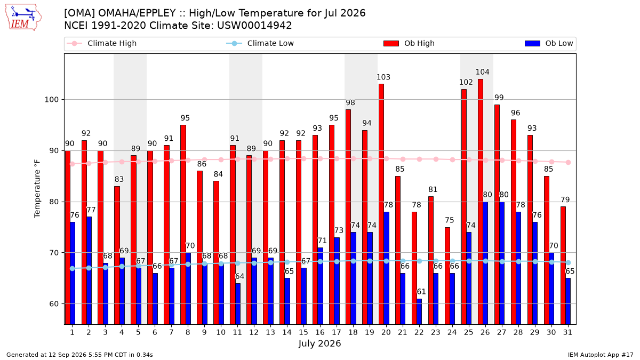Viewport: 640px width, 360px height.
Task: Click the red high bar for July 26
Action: coord(481,202)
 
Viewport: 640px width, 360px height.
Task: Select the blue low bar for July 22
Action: coord(419,311)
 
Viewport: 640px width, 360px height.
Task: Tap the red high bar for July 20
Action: coord(381,204)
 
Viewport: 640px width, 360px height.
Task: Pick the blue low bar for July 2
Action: coord(89,270)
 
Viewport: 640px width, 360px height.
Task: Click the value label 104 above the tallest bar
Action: coord(482,72)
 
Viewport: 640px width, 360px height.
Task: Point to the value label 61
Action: coord(421,292)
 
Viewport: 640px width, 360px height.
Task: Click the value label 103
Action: coord(383,77)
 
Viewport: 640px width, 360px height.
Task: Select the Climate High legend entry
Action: coord(102,43)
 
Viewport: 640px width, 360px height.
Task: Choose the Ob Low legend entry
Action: coord(549,43)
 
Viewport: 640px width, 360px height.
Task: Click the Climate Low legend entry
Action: coord(260,43)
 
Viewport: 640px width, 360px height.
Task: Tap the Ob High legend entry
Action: coord(409,43)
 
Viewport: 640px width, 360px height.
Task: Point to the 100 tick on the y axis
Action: coord(51,100)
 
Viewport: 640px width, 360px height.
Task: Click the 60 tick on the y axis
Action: coord(54,304)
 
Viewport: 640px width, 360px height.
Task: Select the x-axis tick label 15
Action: coord(303,333)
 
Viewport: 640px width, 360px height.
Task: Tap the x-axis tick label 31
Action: coord(567,333)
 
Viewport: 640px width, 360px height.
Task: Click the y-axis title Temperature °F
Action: coord(37,189)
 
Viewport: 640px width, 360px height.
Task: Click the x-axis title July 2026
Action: coord(319,343)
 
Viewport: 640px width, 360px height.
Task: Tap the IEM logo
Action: coord(23,17)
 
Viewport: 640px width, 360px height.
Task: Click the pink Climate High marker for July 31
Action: coord(569,162)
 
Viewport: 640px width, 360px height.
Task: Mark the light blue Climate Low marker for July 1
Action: coord(73,269)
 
